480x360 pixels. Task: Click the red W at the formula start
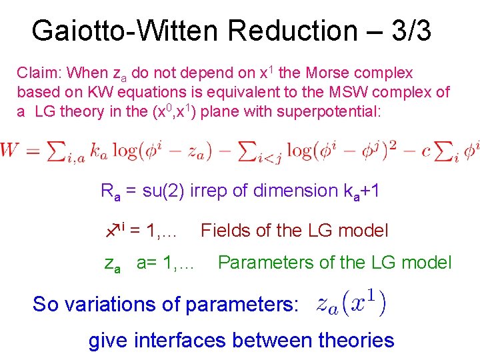[12, 151]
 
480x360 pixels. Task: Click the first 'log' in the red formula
[125, 151]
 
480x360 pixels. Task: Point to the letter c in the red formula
[427, 151]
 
